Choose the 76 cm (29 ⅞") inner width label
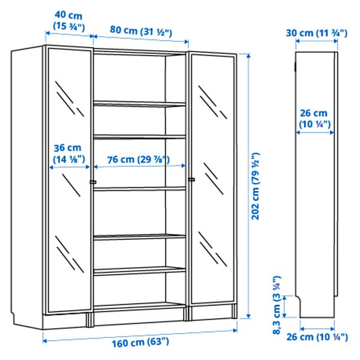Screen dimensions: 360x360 point(139,160)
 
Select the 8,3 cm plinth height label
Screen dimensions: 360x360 point(277,305)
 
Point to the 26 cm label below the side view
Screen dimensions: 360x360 point(322,337)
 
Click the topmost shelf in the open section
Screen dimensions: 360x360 point(139,104)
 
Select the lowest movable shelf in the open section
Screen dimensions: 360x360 point(139,270)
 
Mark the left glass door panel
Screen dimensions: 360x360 point(67,228)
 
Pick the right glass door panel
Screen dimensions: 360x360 point(211,228)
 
